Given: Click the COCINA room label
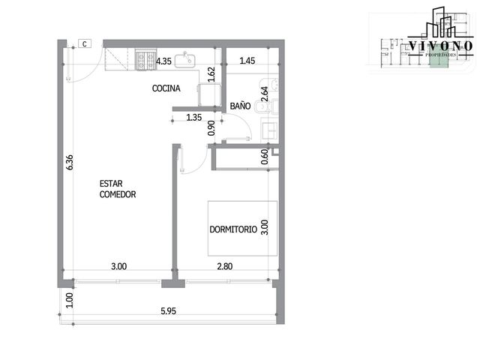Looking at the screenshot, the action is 166,88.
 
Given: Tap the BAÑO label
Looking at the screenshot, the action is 240,106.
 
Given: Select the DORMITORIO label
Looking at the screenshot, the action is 233,229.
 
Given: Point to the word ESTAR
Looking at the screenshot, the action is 111,184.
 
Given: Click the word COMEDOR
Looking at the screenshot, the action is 118,194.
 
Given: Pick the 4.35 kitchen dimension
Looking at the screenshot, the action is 163,61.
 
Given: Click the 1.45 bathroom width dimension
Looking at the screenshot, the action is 247,61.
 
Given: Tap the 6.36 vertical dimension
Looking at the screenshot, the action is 70,163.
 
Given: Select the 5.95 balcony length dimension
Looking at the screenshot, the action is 168,311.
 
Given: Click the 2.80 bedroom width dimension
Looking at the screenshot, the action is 225,266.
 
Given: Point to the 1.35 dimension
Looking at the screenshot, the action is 194,117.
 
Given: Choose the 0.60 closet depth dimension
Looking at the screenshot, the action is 265,157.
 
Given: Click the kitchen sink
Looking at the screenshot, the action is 185,61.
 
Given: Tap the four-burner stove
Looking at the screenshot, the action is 145,60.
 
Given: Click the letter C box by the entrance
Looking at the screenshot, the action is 85,43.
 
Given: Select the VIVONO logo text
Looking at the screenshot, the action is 440,46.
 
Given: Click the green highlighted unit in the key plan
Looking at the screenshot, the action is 439,57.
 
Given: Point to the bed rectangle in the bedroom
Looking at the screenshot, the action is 242,228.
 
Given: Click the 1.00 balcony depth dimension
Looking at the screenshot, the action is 70,301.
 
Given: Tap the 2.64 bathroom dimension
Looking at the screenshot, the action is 265,94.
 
